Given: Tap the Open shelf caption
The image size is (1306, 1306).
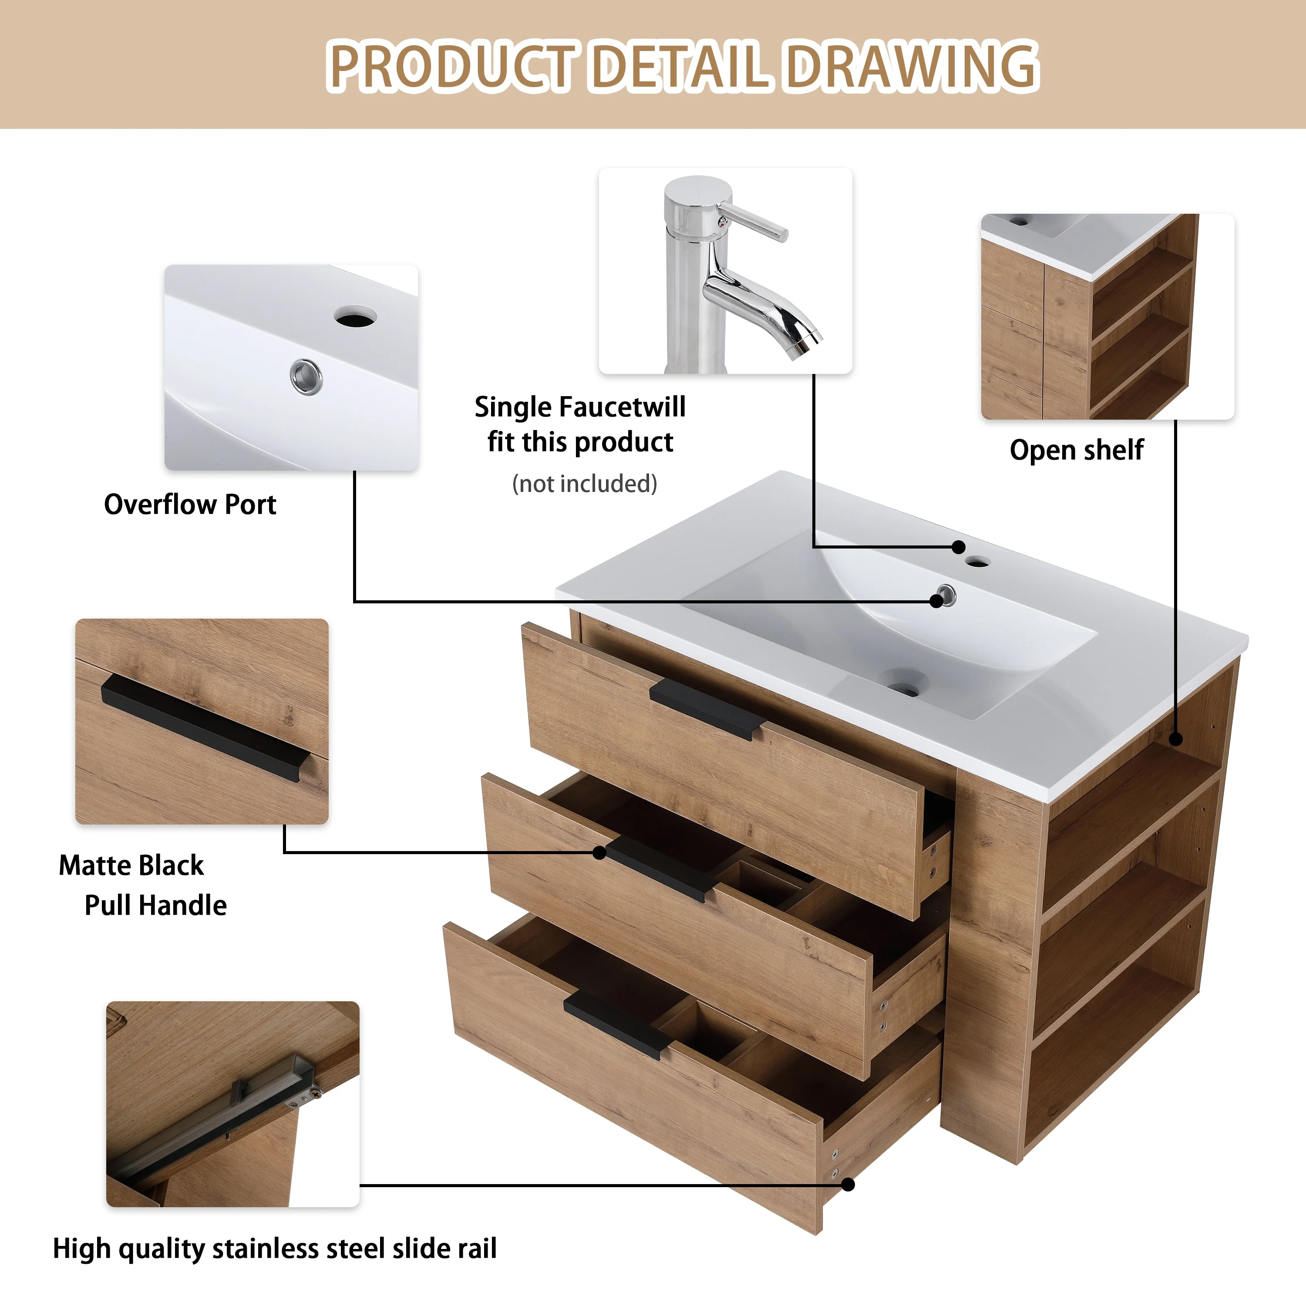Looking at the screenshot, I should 1076,450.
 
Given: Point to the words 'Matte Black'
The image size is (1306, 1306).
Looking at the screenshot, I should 131,865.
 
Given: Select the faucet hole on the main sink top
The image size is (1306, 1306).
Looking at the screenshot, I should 977,561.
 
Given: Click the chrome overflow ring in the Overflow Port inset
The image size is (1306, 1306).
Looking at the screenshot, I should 306,376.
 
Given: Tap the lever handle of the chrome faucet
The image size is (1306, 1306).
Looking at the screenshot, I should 757,222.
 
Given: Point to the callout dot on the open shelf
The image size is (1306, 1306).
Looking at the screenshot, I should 1176,740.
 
